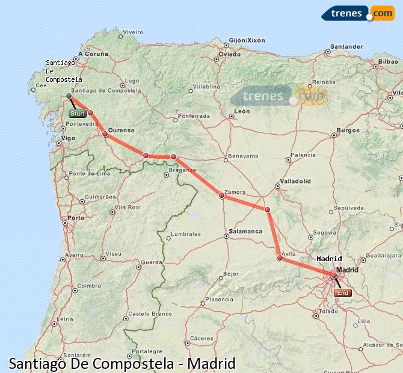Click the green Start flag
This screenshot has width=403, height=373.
click(77, 113)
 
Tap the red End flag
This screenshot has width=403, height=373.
click(342, 293)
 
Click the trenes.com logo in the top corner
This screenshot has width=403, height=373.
click(358, 13)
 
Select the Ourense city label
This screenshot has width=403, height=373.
click(121, 130)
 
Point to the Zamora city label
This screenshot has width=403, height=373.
click(235, 192)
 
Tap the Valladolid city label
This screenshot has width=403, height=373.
click(295, 180)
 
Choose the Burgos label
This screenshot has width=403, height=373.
click(348, 130)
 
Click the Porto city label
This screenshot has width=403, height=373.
click(76, 218)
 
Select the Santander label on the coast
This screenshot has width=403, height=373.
click(346, 46)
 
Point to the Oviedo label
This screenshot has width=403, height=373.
click(230, 54)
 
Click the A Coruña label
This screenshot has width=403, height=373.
click(96, 54)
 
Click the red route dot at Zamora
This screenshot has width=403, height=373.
click(221, 195)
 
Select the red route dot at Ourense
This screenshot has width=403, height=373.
click(105, 134)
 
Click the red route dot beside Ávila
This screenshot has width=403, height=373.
click(280, 258)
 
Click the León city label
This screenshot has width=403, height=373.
click(242, 111)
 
